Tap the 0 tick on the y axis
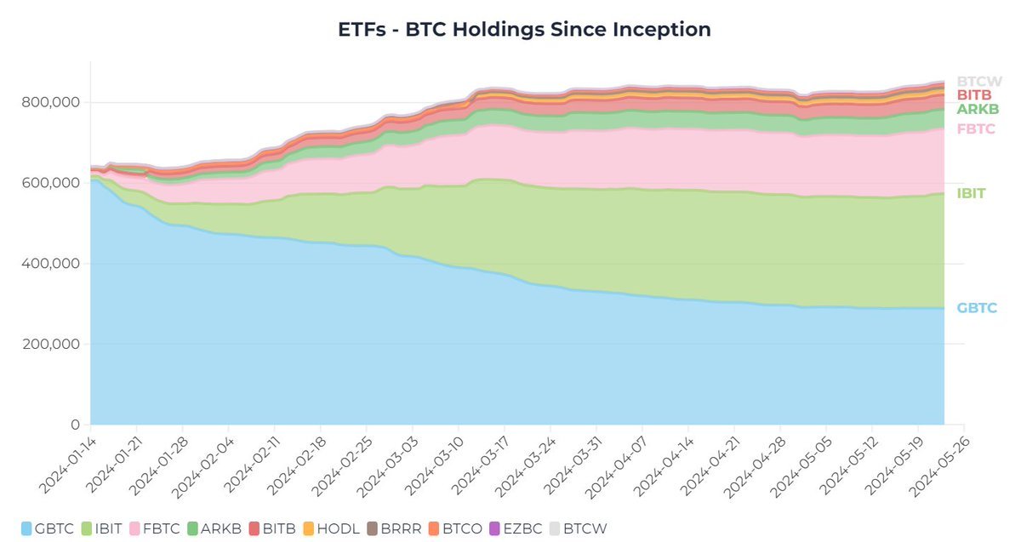point(75,425)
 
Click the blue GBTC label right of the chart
point(976,308)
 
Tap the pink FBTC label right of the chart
point(976,129)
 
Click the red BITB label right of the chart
point(975,95)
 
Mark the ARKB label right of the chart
point(977,110)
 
